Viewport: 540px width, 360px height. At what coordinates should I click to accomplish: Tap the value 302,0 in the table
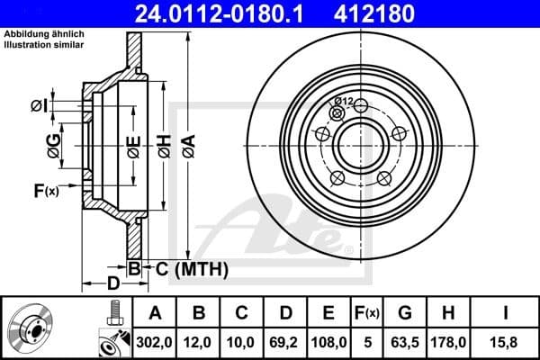tap(155, 341)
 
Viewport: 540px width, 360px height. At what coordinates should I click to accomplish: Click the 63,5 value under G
tap(406, 341)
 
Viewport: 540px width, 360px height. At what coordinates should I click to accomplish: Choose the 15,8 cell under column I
tap(508, 341)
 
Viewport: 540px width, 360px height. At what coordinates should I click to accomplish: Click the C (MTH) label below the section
tap(191, 268)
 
